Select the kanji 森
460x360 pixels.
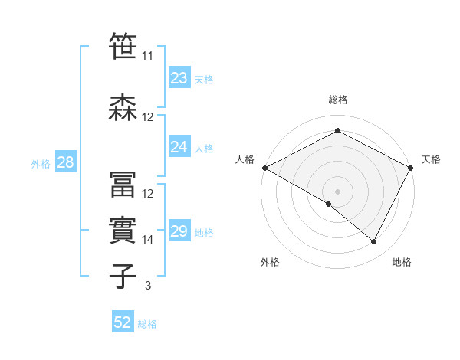click(x=123, y=107)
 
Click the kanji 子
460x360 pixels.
click(x=123, y=276)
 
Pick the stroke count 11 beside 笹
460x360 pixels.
click(x=148, y=56)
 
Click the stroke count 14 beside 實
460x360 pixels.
click(x=148, y=240)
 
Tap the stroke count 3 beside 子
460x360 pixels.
click(x=148, y=286)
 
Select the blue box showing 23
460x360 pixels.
click(x=179, y=78)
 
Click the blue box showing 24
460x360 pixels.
click(x=179, y=147)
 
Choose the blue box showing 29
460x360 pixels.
click(x=179, y=231)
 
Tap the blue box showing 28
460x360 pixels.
click(x=64, y=162)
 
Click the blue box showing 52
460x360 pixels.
click(x=123, y=322)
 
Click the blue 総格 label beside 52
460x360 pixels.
click(x=148, y=323)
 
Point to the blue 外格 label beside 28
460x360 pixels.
click(x=41, y=163)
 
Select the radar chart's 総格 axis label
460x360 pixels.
click(x=337, y=100)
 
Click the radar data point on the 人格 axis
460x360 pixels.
click(x=264, y=167)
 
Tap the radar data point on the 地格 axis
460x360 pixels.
click(x=374, y=242)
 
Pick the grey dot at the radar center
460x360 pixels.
click(x=337, y=191)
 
